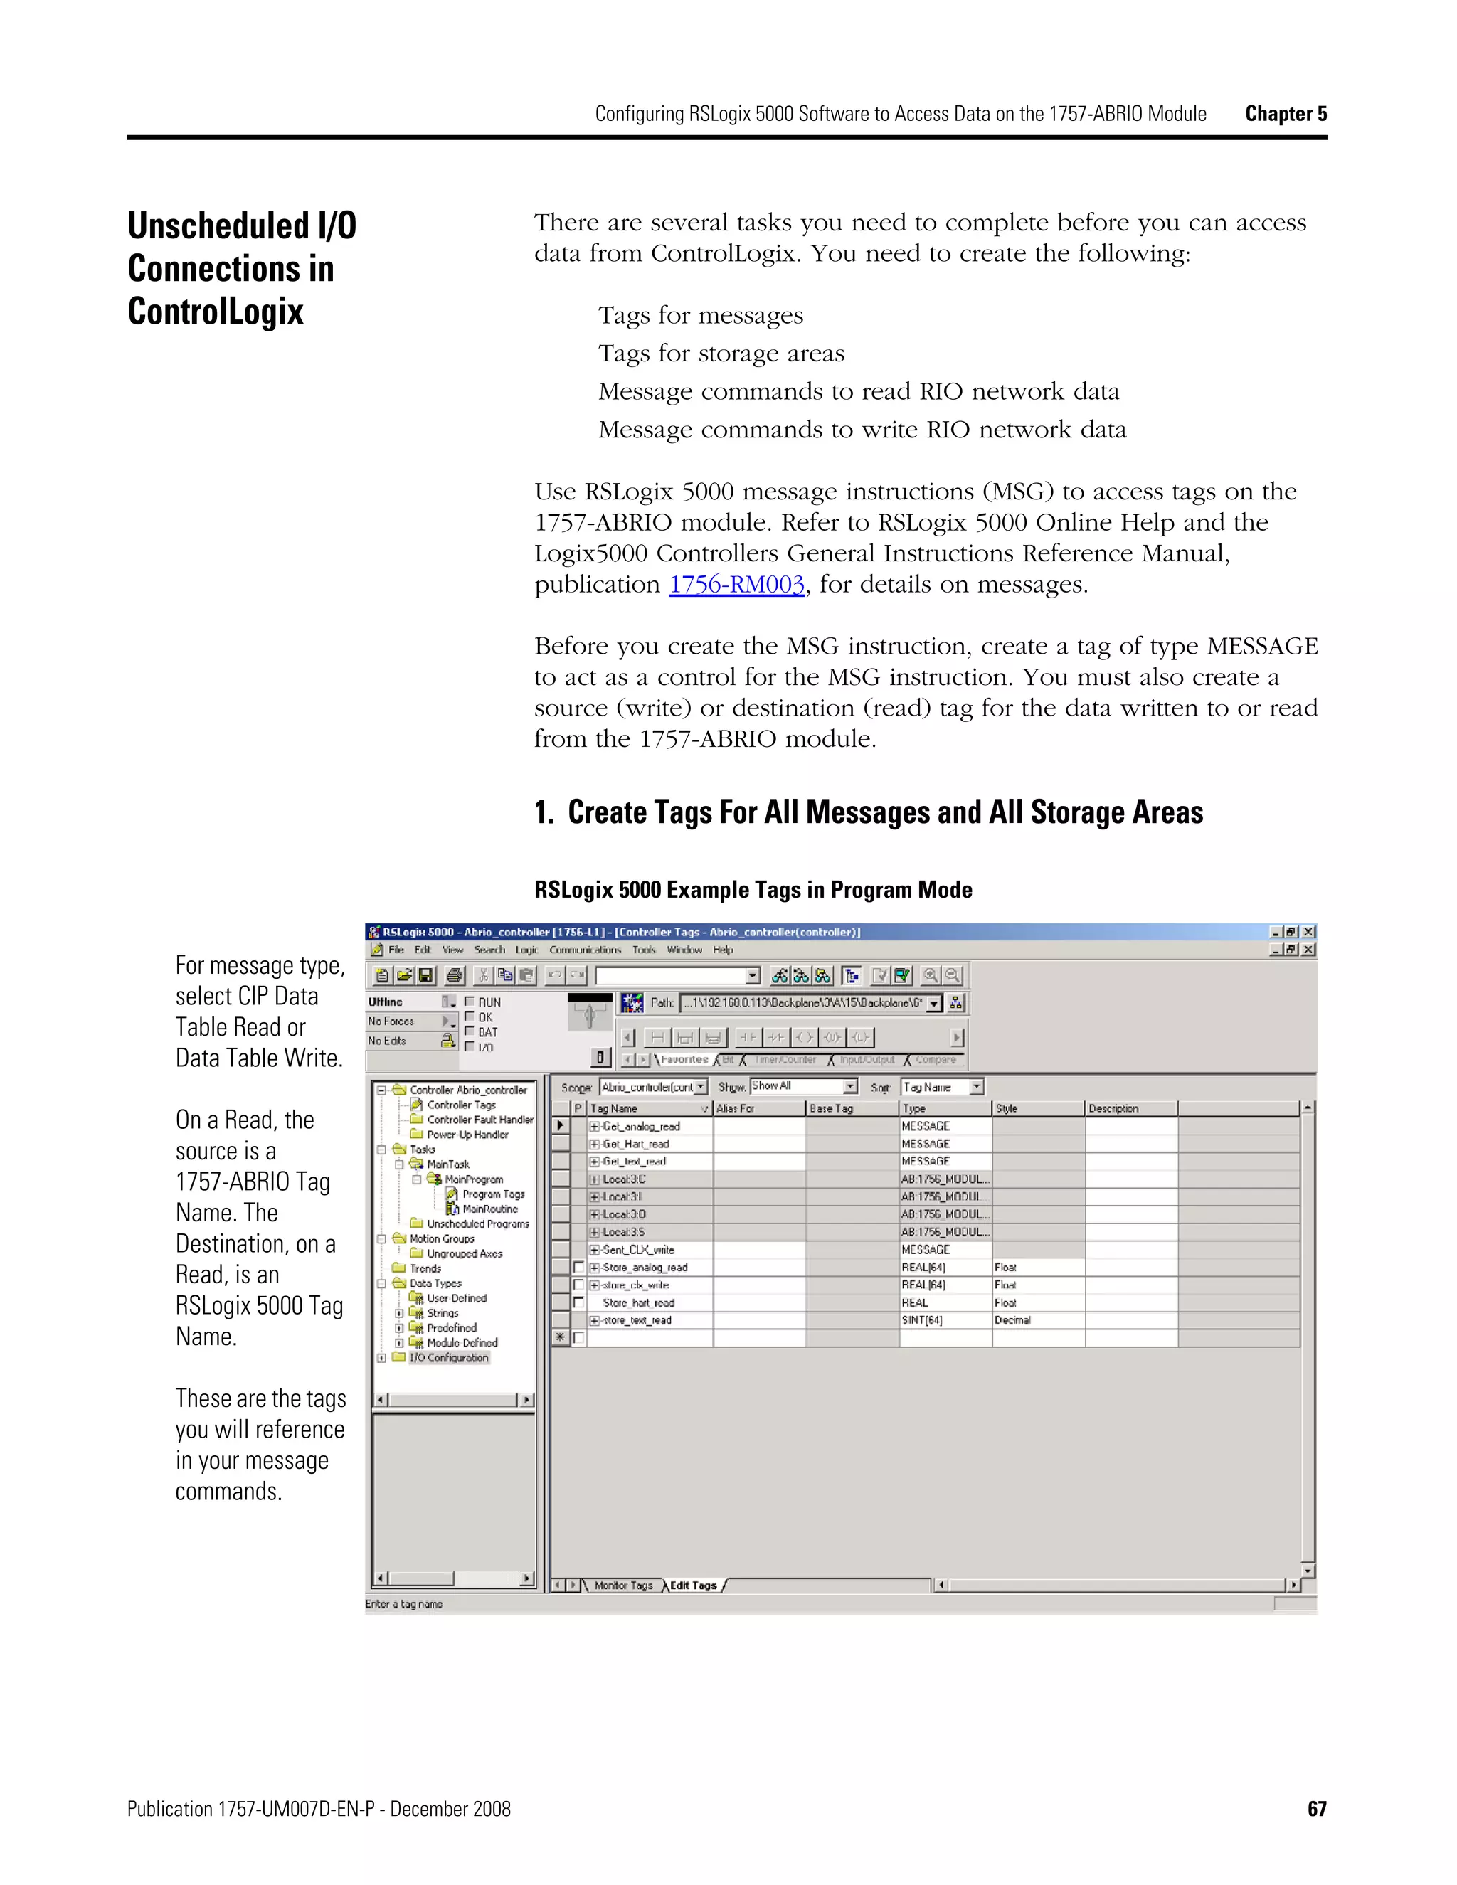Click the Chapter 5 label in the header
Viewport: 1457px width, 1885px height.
1286,114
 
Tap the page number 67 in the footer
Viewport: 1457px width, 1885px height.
1316,1809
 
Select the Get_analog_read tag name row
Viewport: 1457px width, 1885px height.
641,1126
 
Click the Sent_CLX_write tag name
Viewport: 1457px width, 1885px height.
638,1250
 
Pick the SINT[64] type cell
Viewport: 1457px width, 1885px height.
923,1320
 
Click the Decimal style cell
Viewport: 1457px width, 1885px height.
1012,1320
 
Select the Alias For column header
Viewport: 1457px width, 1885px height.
736,1108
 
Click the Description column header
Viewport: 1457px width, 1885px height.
1113,1108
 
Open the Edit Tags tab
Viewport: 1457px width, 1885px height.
693,1586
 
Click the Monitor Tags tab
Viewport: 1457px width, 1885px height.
623,1586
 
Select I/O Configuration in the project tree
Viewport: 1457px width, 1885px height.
449,1358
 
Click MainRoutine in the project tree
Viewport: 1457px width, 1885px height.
489,1209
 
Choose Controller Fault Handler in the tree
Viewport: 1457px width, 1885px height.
480,1120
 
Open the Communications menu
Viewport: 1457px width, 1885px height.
586,950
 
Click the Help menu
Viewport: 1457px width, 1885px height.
723,950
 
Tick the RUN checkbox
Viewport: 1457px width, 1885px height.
470,1002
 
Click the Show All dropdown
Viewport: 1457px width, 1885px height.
802,1087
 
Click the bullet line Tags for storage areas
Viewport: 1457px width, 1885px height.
721,354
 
